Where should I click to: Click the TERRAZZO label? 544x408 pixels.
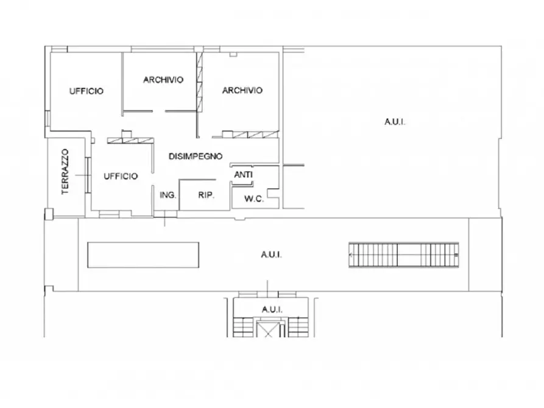[x=65, y=172]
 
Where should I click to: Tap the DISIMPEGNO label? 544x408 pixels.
[x=196, y=157]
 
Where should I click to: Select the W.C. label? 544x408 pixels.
[x=254, y=199]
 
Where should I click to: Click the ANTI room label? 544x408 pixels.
[x=243, y=175]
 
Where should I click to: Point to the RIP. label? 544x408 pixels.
[x=206, y=195]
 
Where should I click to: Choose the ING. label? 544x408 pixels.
[x=168, y=195]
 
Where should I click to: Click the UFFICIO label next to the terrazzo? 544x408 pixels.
[x=121, y=176]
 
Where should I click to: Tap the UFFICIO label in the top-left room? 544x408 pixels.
[x=87, y=91]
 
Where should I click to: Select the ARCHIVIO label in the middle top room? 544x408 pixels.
[x=163, y=80]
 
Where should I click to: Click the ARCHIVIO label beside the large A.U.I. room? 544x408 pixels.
[x=242, y=90]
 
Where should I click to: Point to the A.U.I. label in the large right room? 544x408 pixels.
[x=395, y=122]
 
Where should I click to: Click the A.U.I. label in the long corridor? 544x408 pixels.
[x=271, y=255]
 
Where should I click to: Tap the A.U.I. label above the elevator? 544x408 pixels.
[x=272, y=309]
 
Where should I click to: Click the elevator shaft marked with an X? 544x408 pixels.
[x=269, y=329]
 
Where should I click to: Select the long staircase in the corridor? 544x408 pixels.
[x=403, y=255]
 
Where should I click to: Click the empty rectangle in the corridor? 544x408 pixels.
[x=143, y=255]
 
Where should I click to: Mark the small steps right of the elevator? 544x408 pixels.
[x=298, y=327]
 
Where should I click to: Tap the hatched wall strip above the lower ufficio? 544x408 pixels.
[x=130, y=141]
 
